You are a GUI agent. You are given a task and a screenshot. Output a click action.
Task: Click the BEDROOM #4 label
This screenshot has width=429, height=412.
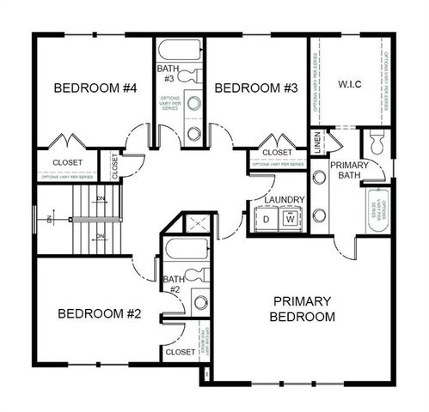pyautogui.click(x=91, y=88)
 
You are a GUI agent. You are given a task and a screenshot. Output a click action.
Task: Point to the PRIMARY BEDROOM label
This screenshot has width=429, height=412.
pyautogui.click(x=303, y=309)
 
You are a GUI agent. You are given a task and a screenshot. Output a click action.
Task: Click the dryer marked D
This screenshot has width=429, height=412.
pyautogui.click(x=267, y=220)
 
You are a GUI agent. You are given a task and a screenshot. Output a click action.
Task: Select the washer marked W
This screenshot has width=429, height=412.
pyautogui.click(x=291, y=220)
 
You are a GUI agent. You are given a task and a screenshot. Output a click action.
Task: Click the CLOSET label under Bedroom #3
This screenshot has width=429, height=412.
pyautogui.click(x=277, y=153)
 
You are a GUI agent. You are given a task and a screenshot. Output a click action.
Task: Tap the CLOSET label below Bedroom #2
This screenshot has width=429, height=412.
pyautogui.click(x=180, y=352)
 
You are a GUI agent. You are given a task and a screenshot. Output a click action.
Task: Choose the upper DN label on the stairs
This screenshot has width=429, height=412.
pyautogui.click(x=101, y=198)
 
